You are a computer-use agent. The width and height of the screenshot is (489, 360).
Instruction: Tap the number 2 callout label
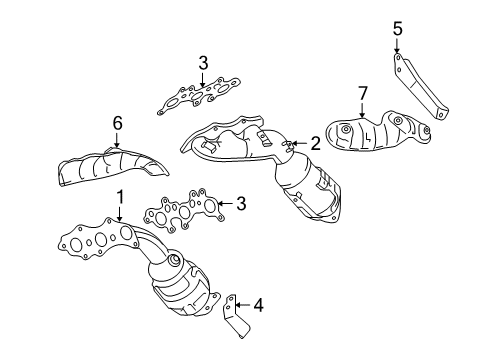pos(314,144)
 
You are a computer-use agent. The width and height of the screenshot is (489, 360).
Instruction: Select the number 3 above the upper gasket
pos(203,64)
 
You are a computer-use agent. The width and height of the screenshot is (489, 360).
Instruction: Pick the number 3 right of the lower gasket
pos(239,203)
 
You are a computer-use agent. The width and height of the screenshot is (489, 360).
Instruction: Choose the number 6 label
pos(116,122)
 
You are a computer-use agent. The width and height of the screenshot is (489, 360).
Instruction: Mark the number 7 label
pos(363,94)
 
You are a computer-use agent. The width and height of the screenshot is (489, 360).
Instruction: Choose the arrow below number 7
pos(363,110)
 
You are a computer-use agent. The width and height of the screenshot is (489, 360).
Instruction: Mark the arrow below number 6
pos(116,140)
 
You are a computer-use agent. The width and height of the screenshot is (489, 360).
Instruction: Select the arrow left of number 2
pos(297,144)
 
